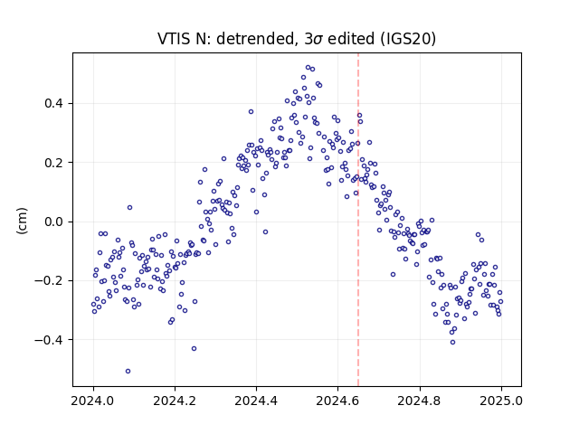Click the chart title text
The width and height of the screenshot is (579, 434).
[297, 39]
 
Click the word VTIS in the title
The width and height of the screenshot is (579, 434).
[171, 39]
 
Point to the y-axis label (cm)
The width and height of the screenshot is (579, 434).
[22, 221]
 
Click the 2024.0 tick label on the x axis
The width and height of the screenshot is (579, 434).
[93, 401]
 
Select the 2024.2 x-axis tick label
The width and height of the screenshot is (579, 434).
[175, 401]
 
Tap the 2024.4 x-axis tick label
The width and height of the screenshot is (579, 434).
[256, 401]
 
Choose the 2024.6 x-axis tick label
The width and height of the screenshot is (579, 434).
[337, 401]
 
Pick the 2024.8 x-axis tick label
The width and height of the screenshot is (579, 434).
[420, 401]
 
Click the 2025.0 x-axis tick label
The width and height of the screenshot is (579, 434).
[501, 401]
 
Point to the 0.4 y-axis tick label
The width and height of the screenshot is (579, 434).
[53, 103]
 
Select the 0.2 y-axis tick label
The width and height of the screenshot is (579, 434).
[53, 163]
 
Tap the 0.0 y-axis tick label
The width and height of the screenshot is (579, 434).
[53, 222]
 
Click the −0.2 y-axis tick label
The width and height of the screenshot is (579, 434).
[49, 281]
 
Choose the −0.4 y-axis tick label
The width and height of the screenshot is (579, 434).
[49, 340]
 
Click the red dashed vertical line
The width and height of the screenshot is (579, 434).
[358, 220]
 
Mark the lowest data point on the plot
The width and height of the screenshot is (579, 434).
[128, 371]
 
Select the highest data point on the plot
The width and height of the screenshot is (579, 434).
[308, 68]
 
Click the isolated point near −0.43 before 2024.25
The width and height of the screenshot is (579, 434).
[194, 348]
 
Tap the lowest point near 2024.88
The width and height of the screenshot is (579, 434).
[452, 342]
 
